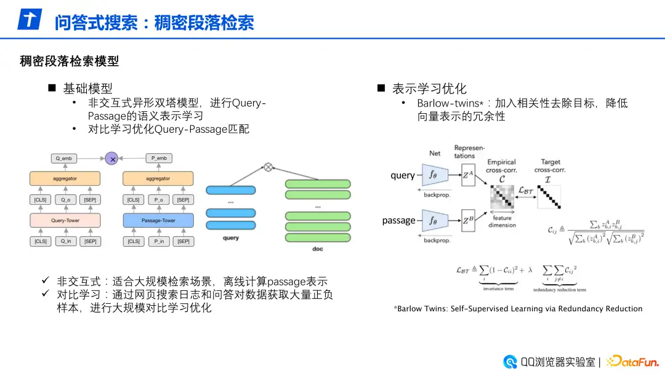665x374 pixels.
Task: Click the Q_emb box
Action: click(64, 159)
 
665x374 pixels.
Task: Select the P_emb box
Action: click(158, 159)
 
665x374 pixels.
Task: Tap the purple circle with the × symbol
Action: click(112, 159)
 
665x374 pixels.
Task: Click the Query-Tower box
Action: click(64, 220)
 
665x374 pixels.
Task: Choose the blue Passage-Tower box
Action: click(158, 220)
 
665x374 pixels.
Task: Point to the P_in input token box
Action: click(158, 242)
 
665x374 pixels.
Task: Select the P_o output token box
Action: click(158, 200)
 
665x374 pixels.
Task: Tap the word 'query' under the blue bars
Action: click(231, 238)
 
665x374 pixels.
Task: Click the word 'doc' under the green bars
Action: click(317, 248)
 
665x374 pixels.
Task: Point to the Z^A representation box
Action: click(469, 176)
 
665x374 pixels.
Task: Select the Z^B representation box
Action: click(469, 220)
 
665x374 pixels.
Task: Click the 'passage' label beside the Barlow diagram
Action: click(398, 220)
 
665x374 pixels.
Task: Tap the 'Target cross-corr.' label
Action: click(550, 165)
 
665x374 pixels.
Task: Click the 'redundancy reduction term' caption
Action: click(560, 289)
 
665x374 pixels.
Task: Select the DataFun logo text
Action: click(637, 361)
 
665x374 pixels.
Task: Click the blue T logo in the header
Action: click(29, 20)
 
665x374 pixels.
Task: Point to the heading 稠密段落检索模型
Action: click(69, 61)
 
